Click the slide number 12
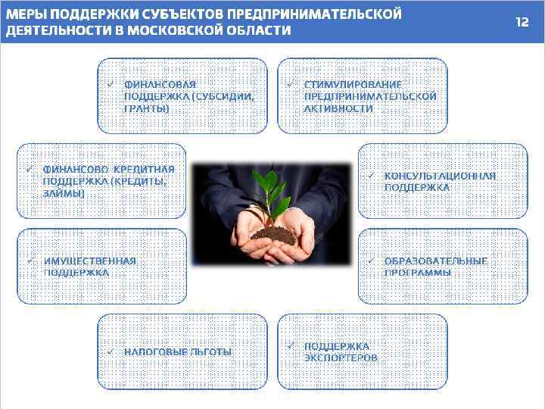(522, 22)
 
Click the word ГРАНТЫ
(147, 108)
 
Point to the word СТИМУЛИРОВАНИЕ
(353, 84)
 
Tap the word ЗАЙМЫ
(64, 193)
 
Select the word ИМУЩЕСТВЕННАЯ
(90, 261)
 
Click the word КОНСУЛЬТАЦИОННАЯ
(440, 175)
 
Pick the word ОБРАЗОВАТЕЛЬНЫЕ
(435, 261)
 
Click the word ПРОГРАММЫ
(418, 272)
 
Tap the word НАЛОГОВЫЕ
(156, 352)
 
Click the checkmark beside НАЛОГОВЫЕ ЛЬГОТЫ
(110, 351)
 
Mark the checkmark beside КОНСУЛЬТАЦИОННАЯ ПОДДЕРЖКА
(371, 175)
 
